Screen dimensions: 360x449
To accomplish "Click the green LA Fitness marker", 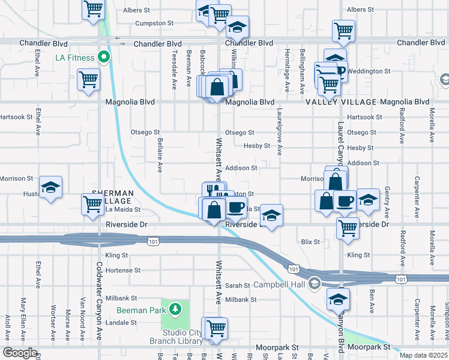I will click(x=103, y=58).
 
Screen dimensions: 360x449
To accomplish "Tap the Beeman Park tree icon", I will click(x=175, y=309).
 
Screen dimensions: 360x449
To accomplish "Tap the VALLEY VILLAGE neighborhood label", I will click(x=341, y=103).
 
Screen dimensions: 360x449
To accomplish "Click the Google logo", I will click(x=20, y=353).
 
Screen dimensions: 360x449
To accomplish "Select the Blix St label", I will click(x=310, y=242).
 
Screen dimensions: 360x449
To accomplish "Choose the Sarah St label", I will click(x=237, y=286).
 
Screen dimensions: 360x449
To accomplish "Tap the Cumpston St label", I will click(x=154, y=23).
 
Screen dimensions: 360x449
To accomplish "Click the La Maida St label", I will click(x=122, y=210).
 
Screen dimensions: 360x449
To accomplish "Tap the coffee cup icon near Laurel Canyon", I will click(x=345, y=201).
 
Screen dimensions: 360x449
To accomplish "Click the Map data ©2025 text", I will click(x=423, y=355).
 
